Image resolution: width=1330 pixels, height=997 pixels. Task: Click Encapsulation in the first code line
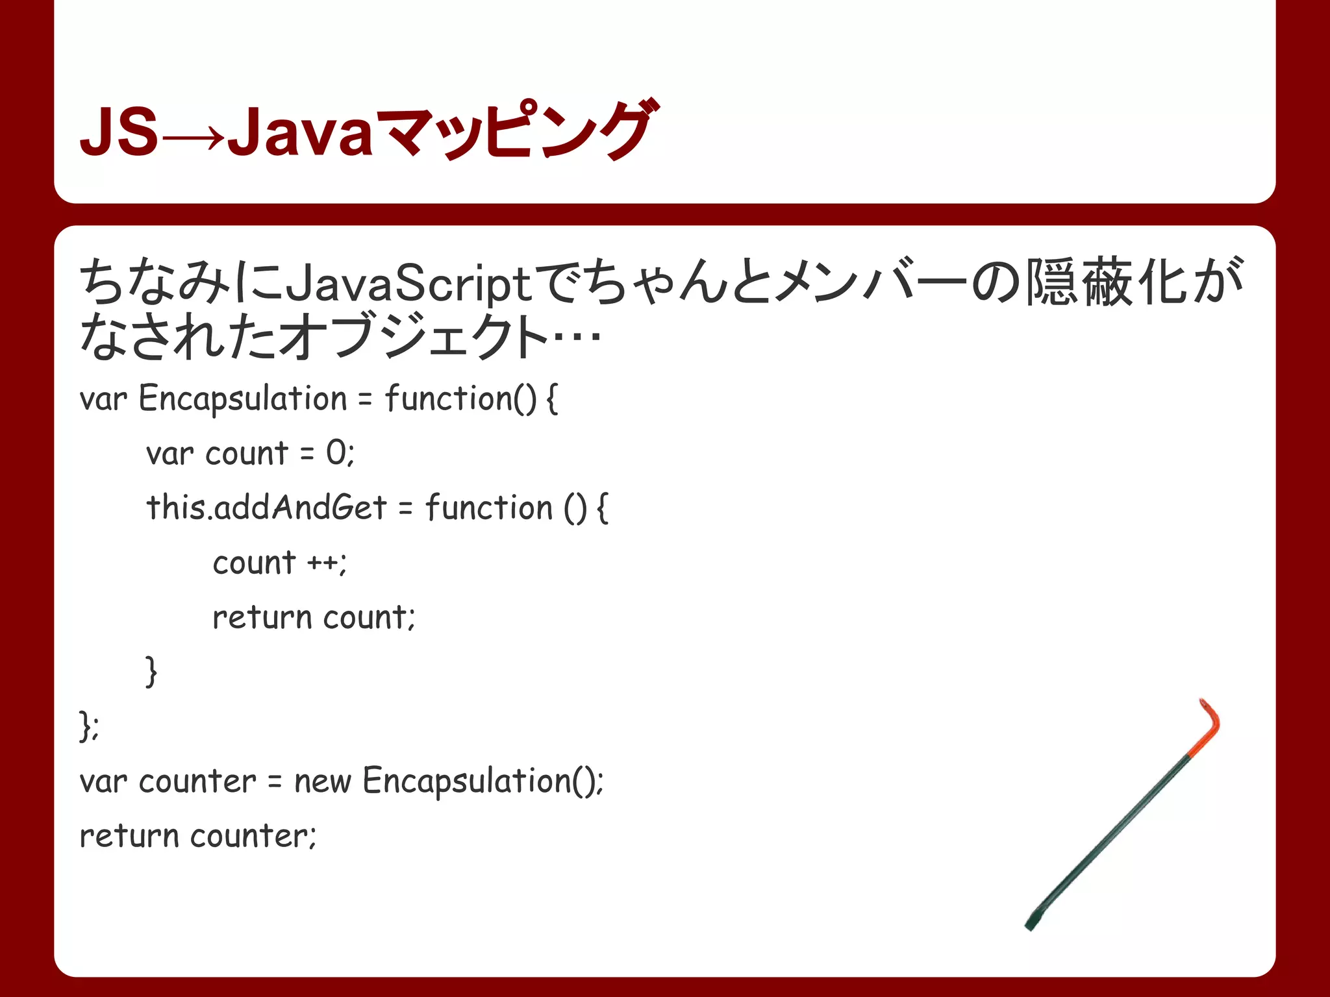(x=243, y=398)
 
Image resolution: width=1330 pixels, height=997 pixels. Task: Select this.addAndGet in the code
(x=266, y=507)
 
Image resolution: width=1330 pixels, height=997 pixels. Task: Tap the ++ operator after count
(x=323, y=563)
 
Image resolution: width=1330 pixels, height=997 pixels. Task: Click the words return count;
(x=314, y=617)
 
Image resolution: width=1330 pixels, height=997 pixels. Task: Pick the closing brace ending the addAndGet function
(x=151, y=671)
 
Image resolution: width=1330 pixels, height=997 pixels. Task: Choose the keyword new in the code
(x=322, y=781)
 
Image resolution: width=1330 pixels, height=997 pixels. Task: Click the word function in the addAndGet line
(x=488, y=507)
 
